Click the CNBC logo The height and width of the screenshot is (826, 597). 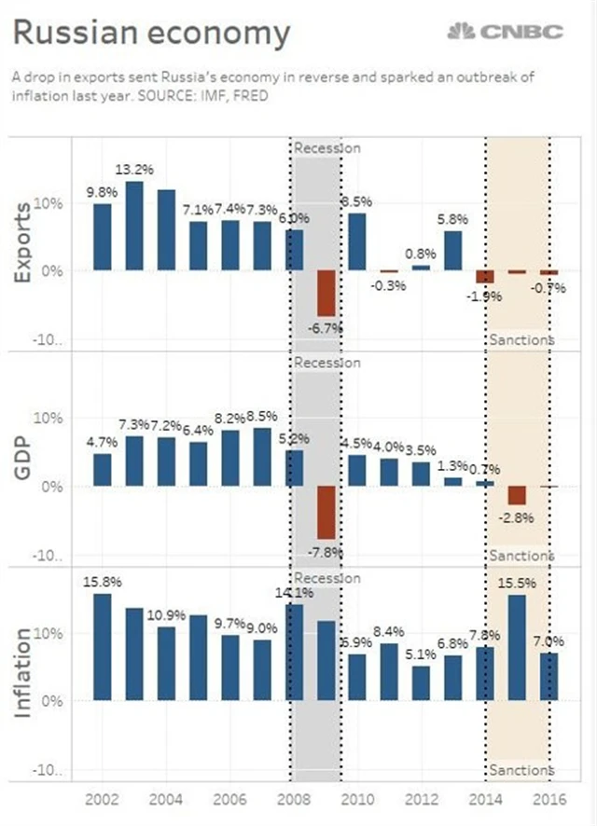point(506,33)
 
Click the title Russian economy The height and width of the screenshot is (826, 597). point(151,34)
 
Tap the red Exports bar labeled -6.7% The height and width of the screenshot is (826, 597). point(326,293)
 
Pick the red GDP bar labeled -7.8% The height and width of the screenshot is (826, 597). point(326,513)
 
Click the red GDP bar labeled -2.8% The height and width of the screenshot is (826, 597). point(517,495)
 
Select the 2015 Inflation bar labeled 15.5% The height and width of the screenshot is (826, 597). point(517,647)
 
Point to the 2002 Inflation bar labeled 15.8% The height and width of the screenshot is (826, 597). point(103,646)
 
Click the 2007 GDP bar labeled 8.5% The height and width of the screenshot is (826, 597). point(262,457)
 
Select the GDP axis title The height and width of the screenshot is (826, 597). point(22,460)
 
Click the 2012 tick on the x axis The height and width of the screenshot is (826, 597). point(422,799)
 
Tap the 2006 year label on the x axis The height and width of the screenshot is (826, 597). point(230,799)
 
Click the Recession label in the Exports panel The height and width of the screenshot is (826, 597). point(326,147)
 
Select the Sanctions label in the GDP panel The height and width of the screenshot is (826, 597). point(521,556)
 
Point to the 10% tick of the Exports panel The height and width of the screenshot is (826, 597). point(47,202)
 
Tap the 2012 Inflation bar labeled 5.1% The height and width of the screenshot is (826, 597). point(422,682)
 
